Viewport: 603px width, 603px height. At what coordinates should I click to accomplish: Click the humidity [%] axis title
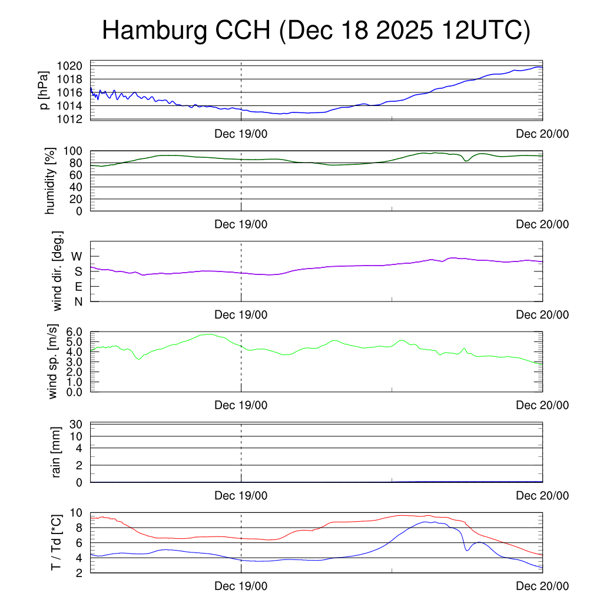click(x=51, y=181)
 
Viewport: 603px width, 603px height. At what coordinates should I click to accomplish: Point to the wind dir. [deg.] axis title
click(x=57, y=271)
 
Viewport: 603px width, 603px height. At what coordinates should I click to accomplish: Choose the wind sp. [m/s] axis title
click(x=54, y=362)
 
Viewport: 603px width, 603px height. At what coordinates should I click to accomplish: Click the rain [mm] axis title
click(x=57, y=453)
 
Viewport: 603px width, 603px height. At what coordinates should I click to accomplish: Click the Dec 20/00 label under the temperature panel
click(x=542, y=587)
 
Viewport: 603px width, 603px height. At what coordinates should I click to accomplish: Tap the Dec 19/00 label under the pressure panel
click(x=241, y=134)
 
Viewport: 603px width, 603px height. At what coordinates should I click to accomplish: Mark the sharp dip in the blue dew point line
click(x=467, y=550)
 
